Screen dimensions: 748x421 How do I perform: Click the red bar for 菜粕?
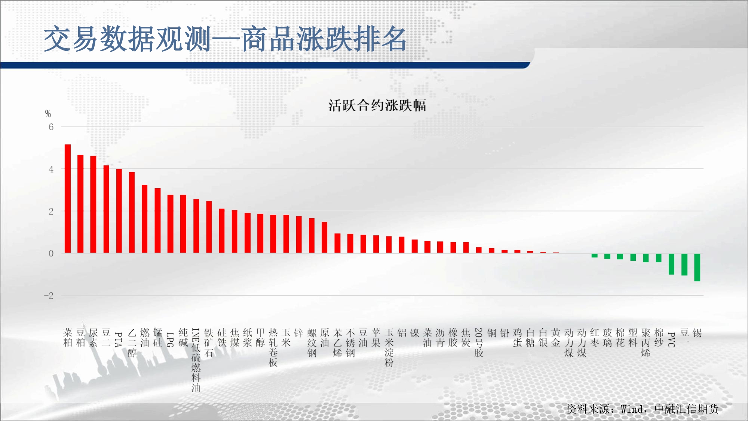pos(68,199)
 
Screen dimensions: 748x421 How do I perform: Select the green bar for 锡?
pos(697,267)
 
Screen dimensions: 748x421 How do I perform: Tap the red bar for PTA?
pos(119,211)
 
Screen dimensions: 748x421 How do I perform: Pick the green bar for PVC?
pos(671,264)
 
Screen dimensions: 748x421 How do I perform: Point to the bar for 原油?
pos(325,238)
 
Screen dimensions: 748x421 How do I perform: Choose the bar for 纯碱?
pos(183,224)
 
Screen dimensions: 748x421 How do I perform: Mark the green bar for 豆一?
pos(684,265)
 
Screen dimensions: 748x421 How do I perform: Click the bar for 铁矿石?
pos(209,227)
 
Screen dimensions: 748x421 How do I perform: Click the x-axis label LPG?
pos(170,340)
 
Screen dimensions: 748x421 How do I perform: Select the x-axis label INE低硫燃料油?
pos(196,360)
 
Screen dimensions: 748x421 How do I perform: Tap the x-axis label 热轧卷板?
pos(273,348)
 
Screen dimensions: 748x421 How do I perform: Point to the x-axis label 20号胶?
pos(479,343)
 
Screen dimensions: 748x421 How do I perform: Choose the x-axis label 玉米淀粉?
pos(389,348)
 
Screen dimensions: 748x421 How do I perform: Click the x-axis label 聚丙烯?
pos(646,343)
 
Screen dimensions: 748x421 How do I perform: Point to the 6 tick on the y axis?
pos(51,127)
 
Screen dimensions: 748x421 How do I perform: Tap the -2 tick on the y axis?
pos(49,296)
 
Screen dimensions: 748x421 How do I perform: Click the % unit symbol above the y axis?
pos(48,113)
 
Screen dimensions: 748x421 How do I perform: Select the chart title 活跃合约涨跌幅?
pos(377,106)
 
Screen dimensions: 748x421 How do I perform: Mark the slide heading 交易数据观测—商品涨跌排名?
pos(225,39)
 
